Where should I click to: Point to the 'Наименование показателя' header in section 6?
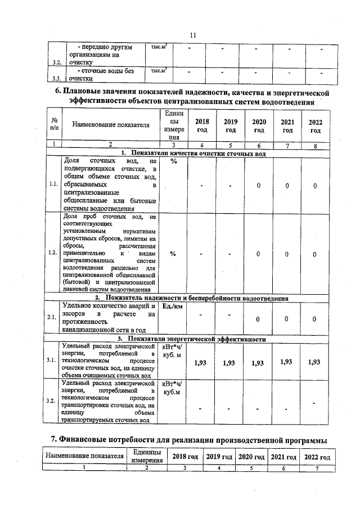tap(106, 125)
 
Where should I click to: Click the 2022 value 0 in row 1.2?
tap(315, 254)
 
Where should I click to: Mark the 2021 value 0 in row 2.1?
tap(286, 319)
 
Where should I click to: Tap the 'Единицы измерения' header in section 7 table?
tap(146, 456)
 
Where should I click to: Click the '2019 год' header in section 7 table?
tap(220, 456)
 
